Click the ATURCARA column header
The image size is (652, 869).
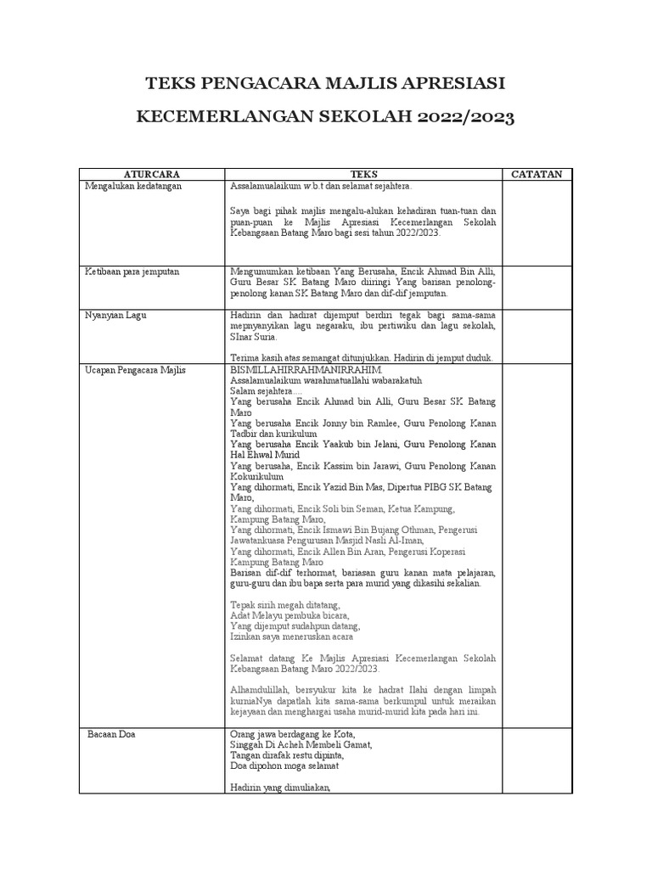tap(152, 174)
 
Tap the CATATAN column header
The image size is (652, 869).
tap(537, 174)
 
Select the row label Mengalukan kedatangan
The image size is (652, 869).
tap(134, 186)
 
